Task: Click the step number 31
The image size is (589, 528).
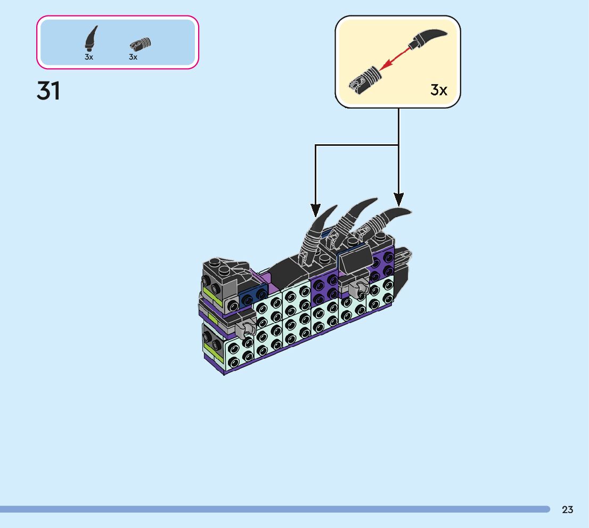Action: click(48, 91)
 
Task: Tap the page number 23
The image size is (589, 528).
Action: click(567, 510)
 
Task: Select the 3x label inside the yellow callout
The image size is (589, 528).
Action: click(439, 90)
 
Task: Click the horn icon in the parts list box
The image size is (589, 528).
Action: click(91, 38)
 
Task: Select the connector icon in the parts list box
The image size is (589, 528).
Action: click(141, 43)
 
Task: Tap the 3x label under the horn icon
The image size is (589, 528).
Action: click(89, 57)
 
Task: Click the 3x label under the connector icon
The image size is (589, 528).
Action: click(133, 57)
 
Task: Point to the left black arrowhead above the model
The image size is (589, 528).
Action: click(315, 210)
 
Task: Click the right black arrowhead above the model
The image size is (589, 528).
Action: click(399, 200)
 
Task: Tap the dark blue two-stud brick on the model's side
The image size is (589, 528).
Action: click(253, 298)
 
